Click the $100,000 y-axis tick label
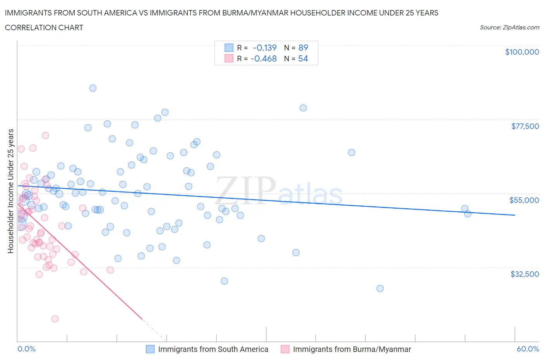[522, 52]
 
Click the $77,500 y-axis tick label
[525, 126]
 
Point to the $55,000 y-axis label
[524, 200]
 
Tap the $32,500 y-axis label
[524, 274]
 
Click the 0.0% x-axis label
[26, 349]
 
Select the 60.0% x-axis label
[528, 349]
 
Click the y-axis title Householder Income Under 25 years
[10, 191]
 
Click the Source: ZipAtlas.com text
[509, 27]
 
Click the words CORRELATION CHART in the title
[44, 27]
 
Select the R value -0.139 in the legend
[265, 48]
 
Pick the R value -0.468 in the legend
[263, 58]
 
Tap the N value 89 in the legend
[303, 48]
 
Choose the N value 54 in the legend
[303, 58]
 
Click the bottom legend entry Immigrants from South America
[213, 349]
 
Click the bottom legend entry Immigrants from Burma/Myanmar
[352, 349]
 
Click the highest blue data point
[93, 88]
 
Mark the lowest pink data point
[55, 319]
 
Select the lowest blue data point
[380, 288]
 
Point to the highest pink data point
[45, 135]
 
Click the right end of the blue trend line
[515, 215]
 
